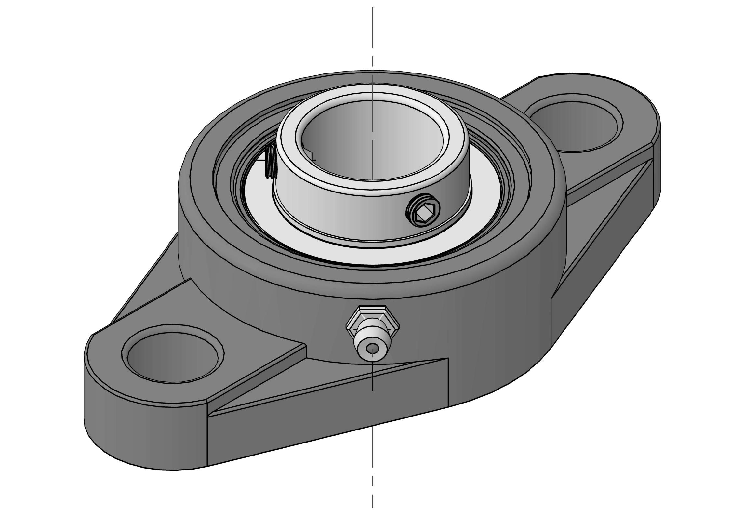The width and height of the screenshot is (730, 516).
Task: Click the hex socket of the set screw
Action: (422, 214)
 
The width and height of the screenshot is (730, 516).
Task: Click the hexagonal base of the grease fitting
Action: (372, 317)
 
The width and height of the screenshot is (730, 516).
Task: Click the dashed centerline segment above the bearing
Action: (373, 33)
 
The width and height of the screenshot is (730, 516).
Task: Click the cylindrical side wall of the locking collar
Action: (341, 215)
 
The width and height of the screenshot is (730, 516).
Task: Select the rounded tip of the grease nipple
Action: (372, 350)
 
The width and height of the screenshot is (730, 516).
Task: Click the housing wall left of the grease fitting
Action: (276, 309)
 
